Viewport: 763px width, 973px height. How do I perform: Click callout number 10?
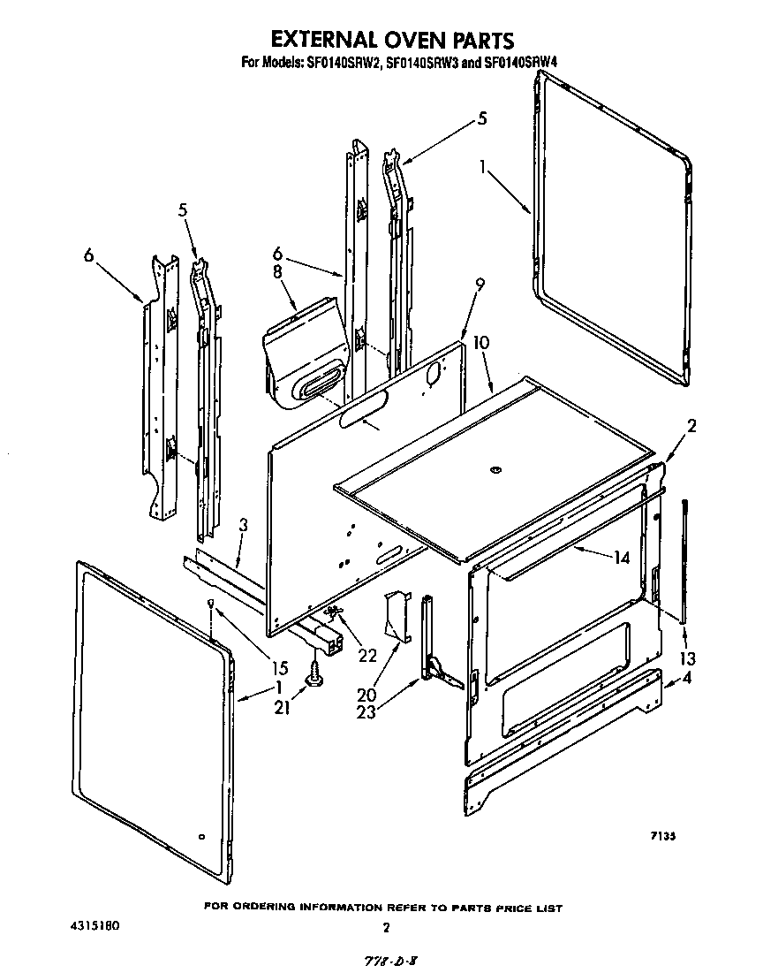point(481,343)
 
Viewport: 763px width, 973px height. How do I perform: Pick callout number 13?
point(688,658)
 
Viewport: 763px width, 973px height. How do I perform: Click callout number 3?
point(243,525)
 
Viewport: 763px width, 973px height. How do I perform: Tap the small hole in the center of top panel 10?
point(495,469)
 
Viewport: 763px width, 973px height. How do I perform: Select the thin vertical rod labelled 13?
point(684,557)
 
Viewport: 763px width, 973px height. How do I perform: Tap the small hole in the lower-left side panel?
point(201,835)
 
